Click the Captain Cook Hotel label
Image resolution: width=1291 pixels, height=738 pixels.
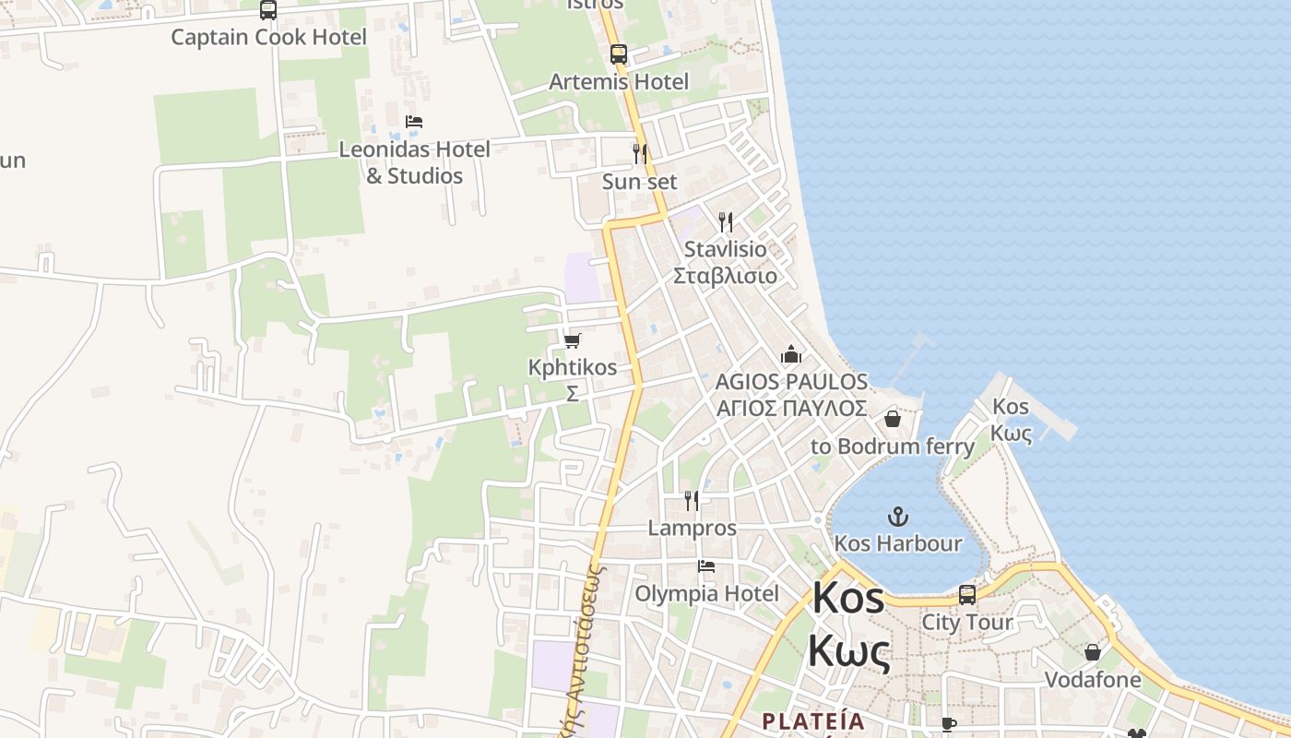tap(268, 37)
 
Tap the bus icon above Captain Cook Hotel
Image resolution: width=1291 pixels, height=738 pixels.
tap(268, 10)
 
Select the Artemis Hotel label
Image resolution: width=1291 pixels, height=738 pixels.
tap(619, 81)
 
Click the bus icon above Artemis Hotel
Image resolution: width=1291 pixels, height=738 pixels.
tap(619, 54)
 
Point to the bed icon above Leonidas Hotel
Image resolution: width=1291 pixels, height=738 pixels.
tap(414, 122)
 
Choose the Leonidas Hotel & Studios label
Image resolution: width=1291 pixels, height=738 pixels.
tap(414, 162)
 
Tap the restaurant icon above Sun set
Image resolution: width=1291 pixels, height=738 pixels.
tap(639, 153)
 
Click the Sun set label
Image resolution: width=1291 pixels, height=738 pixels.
tap(639, 182)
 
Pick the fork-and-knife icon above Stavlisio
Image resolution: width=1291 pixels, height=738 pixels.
tap(726, 221)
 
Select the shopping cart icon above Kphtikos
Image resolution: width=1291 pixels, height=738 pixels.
tap(572, 340)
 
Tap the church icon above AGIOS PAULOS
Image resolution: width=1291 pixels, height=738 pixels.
tap(791, 354)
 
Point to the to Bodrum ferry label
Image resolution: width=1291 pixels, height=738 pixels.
tap(892, 446)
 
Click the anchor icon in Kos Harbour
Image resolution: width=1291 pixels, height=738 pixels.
tap(897, 517)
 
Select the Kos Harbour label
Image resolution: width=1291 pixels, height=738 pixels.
tap(897, 543)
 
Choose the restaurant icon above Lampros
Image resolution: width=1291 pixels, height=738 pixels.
tap(692, 501)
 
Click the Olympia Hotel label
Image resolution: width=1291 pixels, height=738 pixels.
tap(706, 593)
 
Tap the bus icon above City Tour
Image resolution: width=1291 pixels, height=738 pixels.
tap(967, 595)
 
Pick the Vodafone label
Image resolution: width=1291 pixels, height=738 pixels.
tap(1092, 680)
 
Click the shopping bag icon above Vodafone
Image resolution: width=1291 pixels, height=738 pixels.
tap(1092, 652)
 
